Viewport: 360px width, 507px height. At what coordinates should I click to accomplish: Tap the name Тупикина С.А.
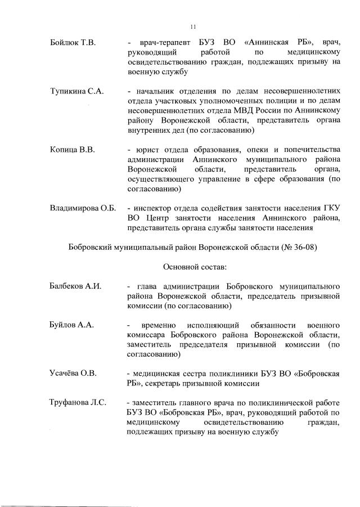pos(76,92)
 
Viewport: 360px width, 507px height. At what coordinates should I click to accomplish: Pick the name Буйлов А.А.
pos(71,325)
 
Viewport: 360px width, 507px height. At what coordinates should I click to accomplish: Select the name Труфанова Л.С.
pos(78,402)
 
